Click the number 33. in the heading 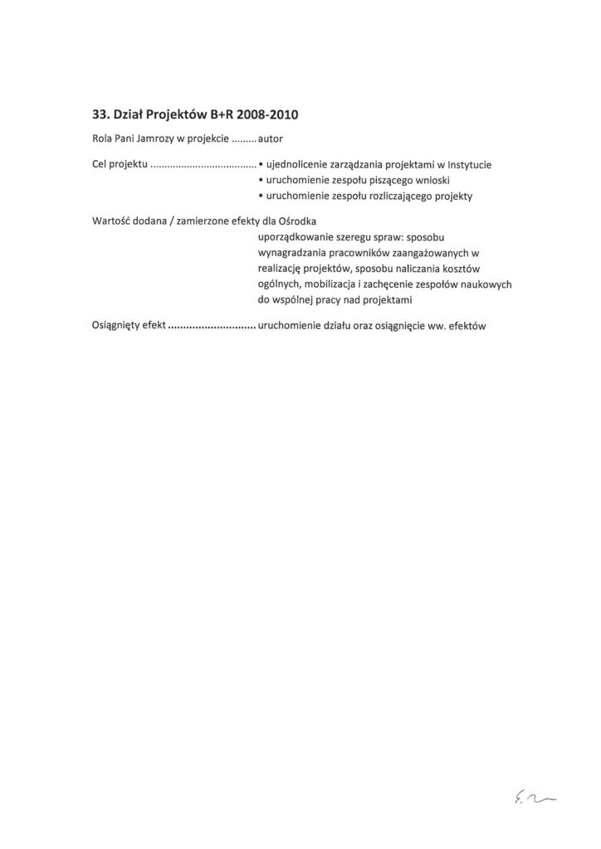pyautogui.click(x=102, y=114)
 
